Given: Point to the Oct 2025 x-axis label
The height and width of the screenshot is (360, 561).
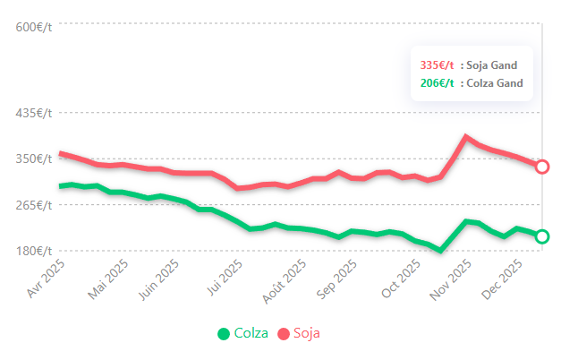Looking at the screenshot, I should click(401, 279).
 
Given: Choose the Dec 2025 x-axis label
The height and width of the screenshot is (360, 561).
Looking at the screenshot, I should click(518, 279).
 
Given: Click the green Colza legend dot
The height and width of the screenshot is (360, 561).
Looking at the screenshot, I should click(224, 334).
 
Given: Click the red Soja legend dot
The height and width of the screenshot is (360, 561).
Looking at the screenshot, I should click(284, 334).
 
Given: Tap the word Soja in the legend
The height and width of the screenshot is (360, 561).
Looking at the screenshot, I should click(306, 333).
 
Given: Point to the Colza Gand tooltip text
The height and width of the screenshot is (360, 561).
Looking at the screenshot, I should click(495, 83).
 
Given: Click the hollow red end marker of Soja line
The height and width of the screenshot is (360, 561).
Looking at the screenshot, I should click(541, 167).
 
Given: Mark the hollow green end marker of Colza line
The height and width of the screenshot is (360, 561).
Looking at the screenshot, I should click(541, 236).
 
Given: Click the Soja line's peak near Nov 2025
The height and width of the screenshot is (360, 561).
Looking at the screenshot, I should click(465, 137).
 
